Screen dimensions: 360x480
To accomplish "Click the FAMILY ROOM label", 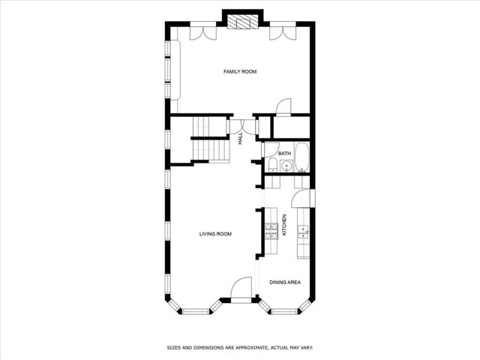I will [x=240, y=72].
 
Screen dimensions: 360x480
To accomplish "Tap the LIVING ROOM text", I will [x=215, y=234].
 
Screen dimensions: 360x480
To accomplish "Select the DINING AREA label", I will [x=285, y=282].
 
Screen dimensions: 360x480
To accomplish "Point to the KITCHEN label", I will [x=285, y=225].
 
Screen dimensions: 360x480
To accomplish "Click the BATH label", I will [x=284, y=154].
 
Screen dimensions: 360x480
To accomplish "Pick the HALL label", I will [x=241, y=139].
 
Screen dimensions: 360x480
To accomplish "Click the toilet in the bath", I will [x=271, y=166].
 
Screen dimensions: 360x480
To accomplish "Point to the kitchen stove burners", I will [x=271, y=229].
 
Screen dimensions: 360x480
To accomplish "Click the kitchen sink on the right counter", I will [x=303, y=230].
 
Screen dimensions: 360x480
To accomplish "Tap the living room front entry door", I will [x=241, y=289].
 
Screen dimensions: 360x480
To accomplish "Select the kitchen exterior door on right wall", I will [x=299, y=198].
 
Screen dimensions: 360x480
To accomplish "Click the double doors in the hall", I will [x=241, y=125].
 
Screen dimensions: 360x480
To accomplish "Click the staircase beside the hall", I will [x=210, y=141].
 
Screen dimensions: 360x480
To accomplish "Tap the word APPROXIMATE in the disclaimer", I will [x=246, y=348].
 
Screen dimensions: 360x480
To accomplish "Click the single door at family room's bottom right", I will [x=284, y=107].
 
